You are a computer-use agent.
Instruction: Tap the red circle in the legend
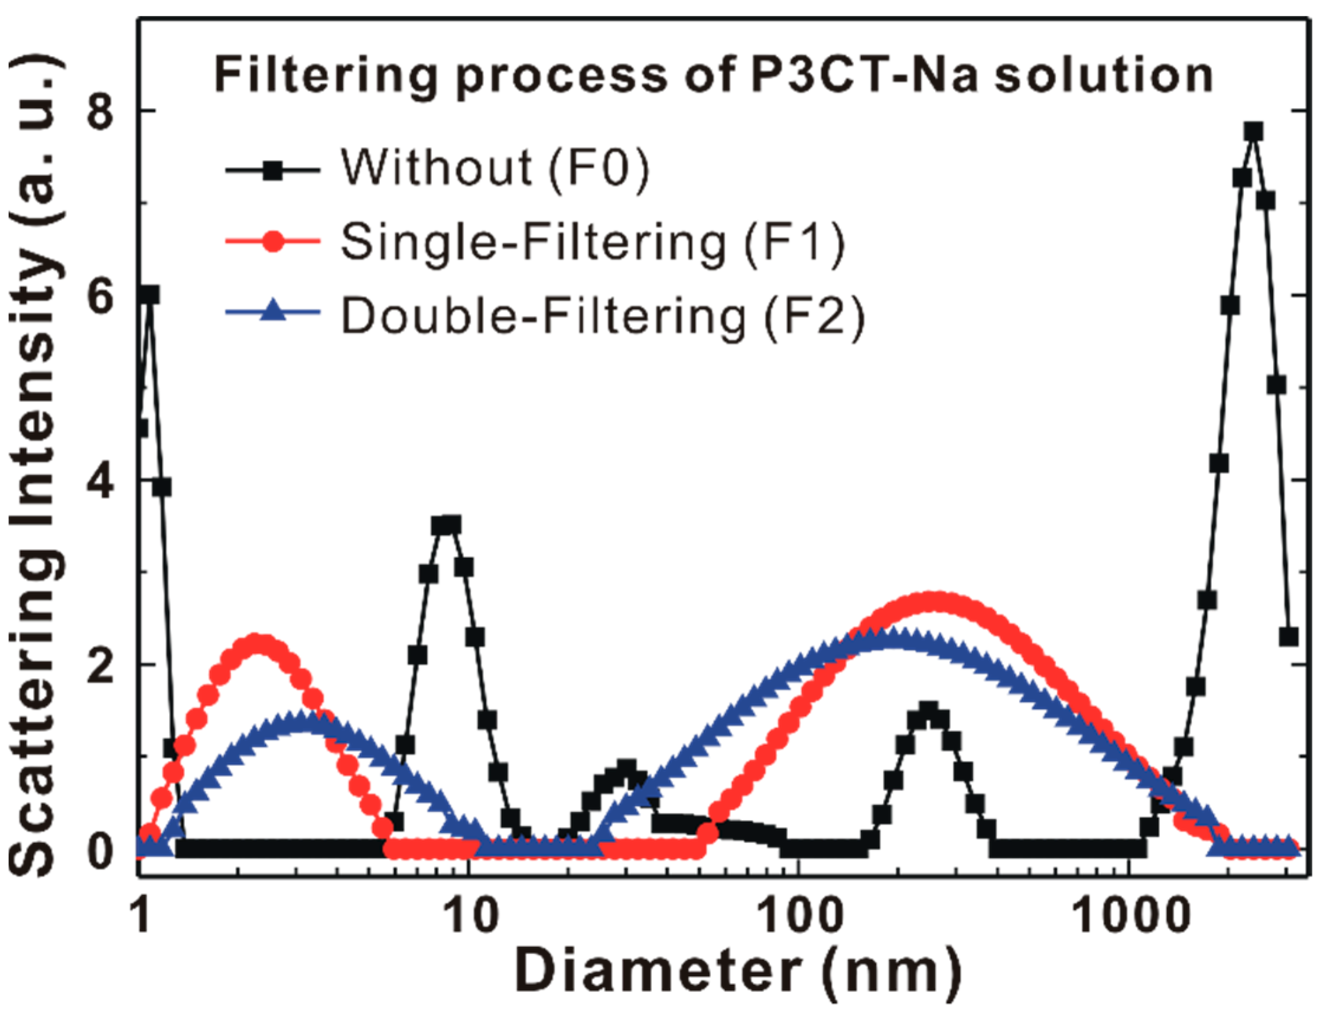click(x=273, y=242)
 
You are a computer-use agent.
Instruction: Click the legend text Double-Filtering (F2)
click(x=603, y=317)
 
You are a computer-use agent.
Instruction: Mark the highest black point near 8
click(x=1254, y=131)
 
